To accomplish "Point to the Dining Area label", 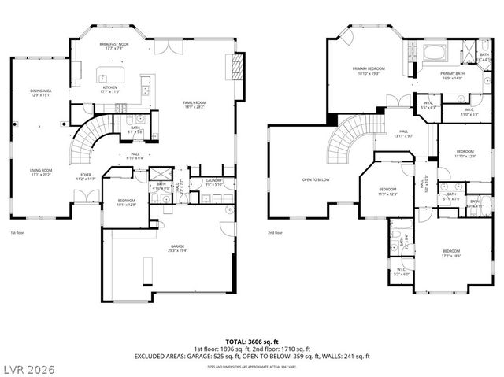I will (x=40, y=92).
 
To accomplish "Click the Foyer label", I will (x=85, y=177).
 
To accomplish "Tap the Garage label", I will (x=177, y=248).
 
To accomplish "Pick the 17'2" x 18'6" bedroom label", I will (x=452, y=253).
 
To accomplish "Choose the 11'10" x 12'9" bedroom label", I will (x=465, y=153).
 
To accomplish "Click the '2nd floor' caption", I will (x=275, y=233).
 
